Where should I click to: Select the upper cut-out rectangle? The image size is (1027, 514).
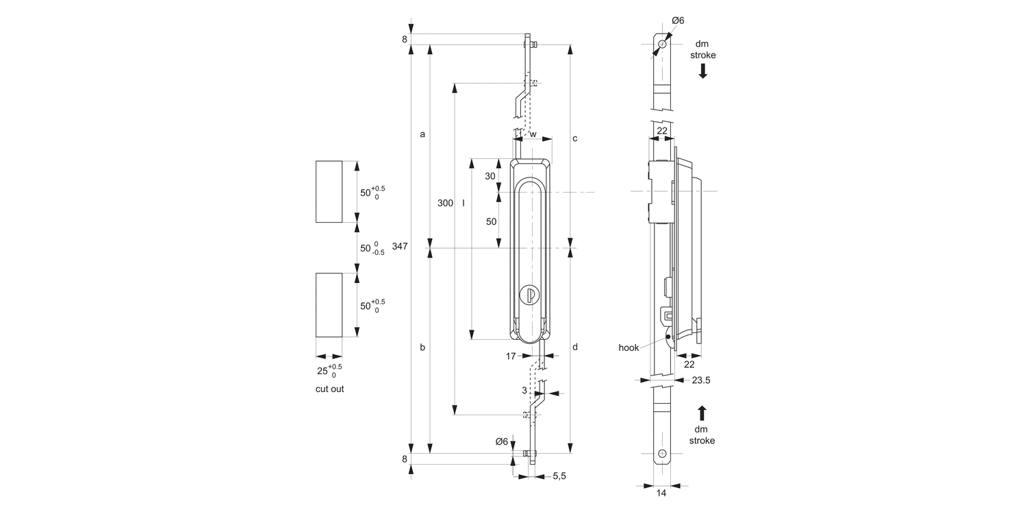pyautogui.click(x=329, y=191)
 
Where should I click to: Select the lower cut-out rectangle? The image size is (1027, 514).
pyautogui.click(x=329, y=305)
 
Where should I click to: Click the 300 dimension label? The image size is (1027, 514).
pyautogui.click(x=445, y=204)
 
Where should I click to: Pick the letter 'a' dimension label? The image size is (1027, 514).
pyautogui.click(x=422, y=134)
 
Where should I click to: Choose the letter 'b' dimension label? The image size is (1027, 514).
pyautogui.click(x=422, y=347)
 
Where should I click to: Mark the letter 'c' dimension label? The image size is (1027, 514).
pyautogui.click(x=575, y=138)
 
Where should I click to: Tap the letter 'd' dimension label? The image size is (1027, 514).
pyautogui.click(x=575, y=347)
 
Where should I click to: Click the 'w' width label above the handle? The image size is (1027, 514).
pyautogui.click(x=533, y=134)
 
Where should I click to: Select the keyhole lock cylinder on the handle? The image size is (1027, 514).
pyautogui.click(x=529, y=295)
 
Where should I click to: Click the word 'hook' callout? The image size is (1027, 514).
pyautogui.click(x=629, y=347)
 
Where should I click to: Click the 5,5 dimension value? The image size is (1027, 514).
pyautogui.click(x=559, y=476)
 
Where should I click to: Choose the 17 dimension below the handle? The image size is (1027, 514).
pyautogui.click(x=510, y=356)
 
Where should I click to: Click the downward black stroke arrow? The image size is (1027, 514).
pyautogui.click(x=702, y=71)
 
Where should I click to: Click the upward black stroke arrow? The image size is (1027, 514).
pyautogui.click(x=702, y=413)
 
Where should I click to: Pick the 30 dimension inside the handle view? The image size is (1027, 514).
pyautogui.click(x=490, y=176)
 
